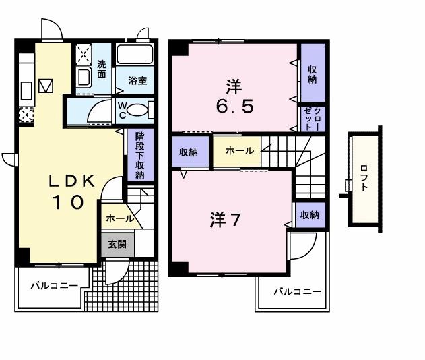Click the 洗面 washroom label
click(101, 69)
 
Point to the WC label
click(123, 109)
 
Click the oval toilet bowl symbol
click(141, 111)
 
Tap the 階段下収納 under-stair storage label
click(139, 154)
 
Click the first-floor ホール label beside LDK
click(119, 218)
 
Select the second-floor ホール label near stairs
click(240, 151)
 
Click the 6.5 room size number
click(234, 107)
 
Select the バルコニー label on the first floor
click(53, 285)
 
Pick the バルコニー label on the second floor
click(297, 292)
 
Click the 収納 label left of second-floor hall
click(189, 152)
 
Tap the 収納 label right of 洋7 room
click(309, 215)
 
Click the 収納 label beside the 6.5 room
click(313, 73)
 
